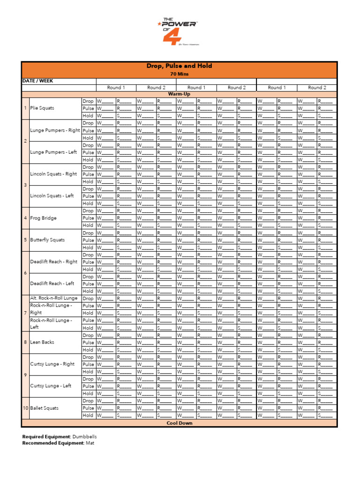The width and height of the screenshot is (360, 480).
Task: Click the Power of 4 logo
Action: pyautogui.click(x=180, y=31)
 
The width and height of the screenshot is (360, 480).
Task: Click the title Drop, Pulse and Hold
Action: pyautogui.click(x=180, y=66)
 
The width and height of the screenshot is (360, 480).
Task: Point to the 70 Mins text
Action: pyautogui.click(x=180, y=74)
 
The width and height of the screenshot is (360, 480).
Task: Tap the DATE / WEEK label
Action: pyautogui.click(x=38, y=81)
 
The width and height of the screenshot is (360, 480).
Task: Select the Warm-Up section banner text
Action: pyautogui.click(x=180, y=94)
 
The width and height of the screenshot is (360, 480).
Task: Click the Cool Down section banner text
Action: pyautogui.click(x=180, y=423)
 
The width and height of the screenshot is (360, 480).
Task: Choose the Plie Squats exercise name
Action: pyautogui.click(x=42, y=108)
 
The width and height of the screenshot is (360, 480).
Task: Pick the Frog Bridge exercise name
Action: pyautogui.click(x=43, y=218)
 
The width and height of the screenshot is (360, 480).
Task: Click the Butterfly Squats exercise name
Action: pyautogui.click(x=47, y=240)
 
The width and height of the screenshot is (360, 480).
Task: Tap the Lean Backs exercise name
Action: pyautogui.click(x=42, y=342)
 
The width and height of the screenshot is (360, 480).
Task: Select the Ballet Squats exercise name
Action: pyautogui.click(x=45, y=408)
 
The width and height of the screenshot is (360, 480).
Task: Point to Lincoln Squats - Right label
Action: pyautogui.click(x=53, y=174)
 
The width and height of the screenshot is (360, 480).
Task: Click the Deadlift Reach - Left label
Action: pyautogui.click(x=52, y=284)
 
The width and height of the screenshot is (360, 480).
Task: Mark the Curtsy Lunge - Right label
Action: pyautogui.click(x=52, y=364)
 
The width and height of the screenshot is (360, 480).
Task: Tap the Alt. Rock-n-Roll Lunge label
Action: pyautogui.click(x=54, y=298)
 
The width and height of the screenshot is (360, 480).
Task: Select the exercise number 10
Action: pyautogui.click(x=26, y=408)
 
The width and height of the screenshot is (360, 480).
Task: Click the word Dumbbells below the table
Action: pyautogui.click(x=85, y=436)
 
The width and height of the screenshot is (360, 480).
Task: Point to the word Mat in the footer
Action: pyautogui.click(x=90, y=443)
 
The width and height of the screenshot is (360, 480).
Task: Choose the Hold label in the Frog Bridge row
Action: pyautogui.click(x=88, y=225)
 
